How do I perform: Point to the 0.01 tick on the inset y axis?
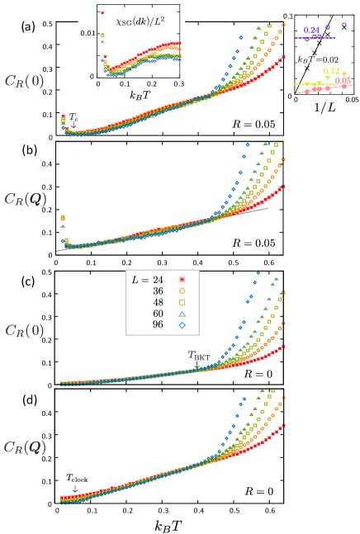click(x=87, y=31)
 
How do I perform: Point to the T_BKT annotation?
click(x=198, y=355)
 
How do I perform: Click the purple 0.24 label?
click(x=310, y=30)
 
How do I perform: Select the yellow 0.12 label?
click(x=331, y=72)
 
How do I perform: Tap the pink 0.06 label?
click(x=343, y=80)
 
